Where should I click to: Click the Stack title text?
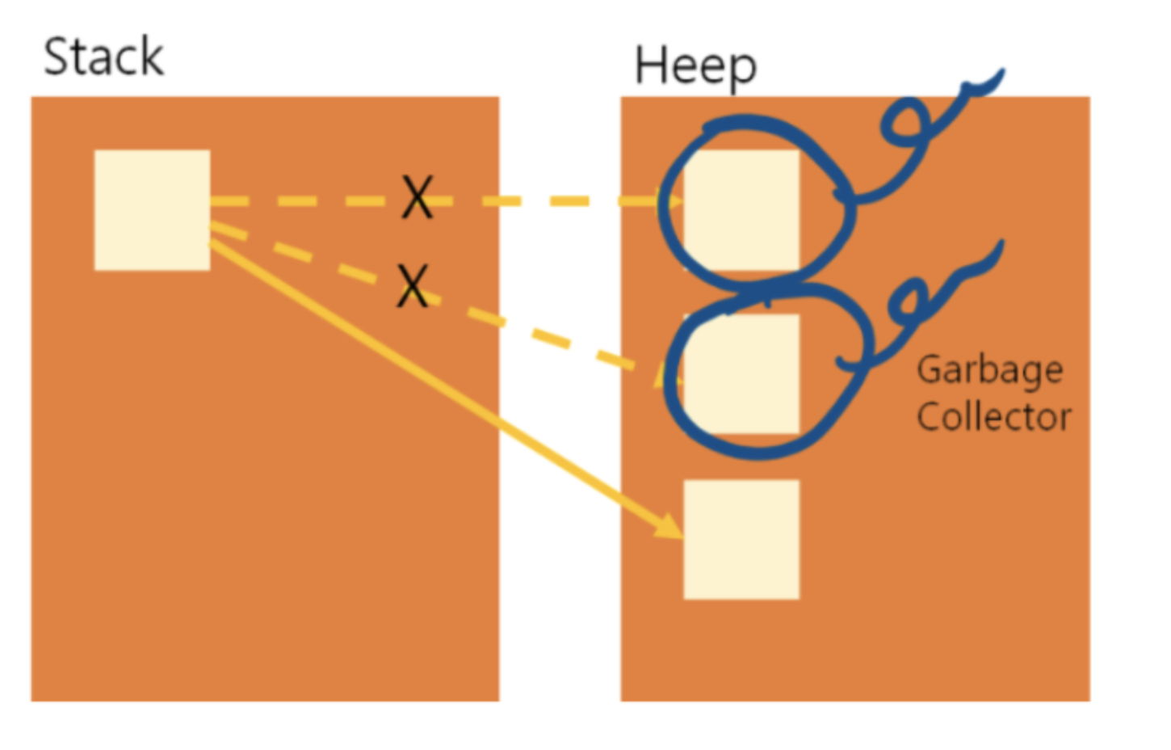[103, 57]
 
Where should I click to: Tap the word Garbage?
[989, 370]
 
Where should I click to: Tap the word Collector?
[993, 417]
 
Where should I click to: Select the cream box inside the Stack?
[152, 210]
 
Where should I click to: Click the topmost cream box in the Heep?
[741, 210]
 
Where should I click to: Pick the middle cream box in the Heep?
[741, 373]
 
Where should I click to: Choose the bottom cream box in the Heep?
[741, 539]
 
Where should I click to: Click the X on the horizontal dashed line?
[418, 198]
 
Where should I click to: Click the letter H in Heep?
[649, 65]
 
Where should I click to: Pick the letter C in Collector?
[930, 416]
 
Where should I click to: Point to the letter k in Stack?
[153, 57]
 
